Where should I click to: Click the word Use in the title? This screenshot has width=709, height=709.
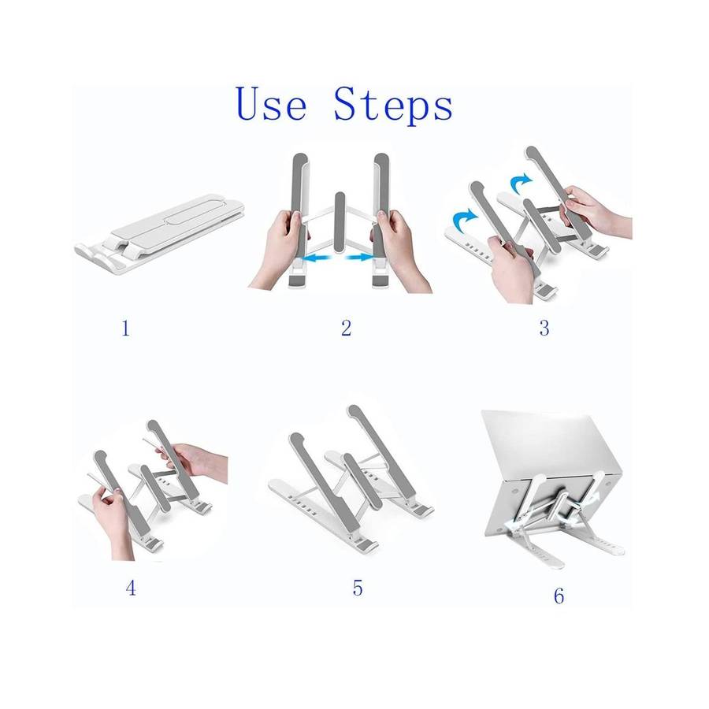click(x=271, y=104)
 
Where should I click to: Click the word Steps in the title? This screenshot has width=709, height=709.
click(x=393, y=106)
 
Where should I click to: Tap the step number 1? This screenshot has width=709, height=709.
click(x=126, y=329)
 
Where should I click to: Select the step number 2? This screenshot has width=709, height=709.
click(x=346, y=328)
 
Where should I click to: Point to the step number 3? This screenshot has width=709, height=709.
click(x=544, y=328)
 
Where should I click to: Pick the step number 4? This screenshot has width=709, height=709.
click(x=131, y=588)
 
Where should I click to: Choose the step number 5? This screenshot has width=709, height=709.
click(x=358, y=588)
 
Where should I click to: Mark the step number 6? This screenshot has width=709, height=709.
click(x=559, y=596)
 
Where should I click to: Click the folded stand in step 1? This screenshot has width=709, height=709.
click(x=159, y=232)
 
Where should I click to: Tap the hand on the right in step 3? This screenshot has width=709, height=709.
click(x=595, y=212)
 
